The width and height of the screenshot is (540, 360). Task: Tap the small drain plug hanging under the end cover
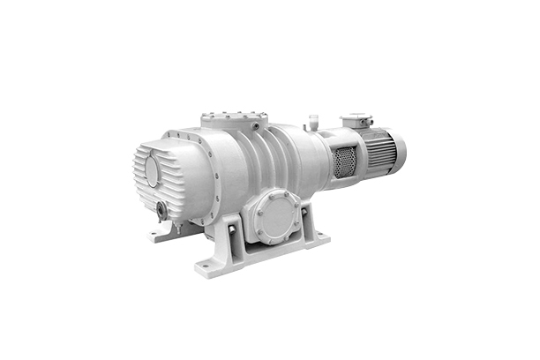click(x=177, y=229)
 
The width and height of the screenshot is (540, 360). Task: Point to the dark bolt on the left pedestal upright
click(x=232, y=231)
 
